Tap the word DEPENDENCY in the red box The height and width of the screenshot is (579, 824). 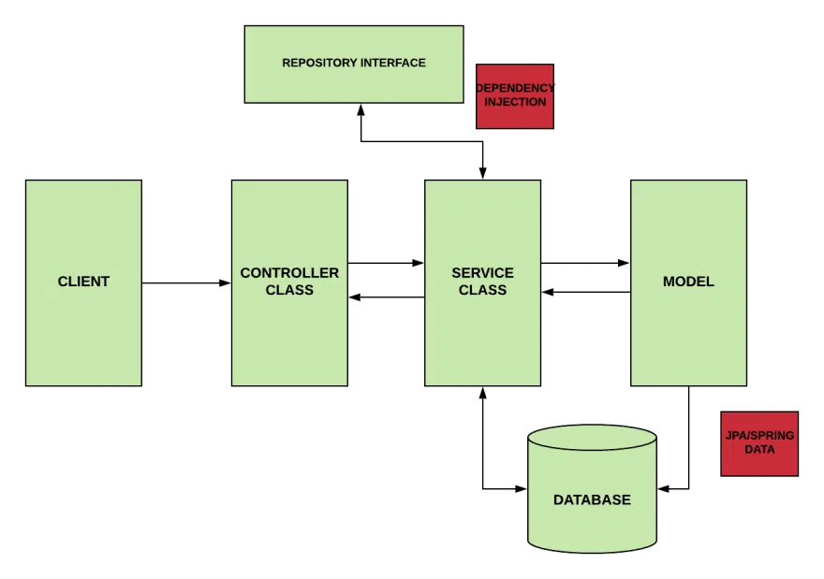(x=514, y=88)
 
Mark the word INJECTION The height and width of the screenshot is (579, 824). (x=515, y=101)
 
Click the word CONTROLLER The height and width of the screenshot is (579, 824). (x=289, y=273)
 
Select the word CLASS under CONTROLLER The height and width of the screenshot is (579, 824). (x=289, y=290)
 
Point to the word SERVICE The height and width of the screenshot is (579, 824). (x=482, y=273)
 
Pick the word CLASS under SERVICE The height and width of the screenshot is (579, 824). (x=482, y=290)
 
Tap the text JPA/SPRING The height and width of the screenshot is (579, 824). (x=759, y=436)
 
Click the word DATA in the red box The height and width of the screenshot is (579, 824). (x=759, y=449)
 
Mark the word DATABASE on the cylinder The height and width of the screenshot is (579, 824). (x=592, y=499)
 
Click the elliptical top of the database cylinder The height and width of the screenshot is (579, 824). (x=592, y=440)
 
